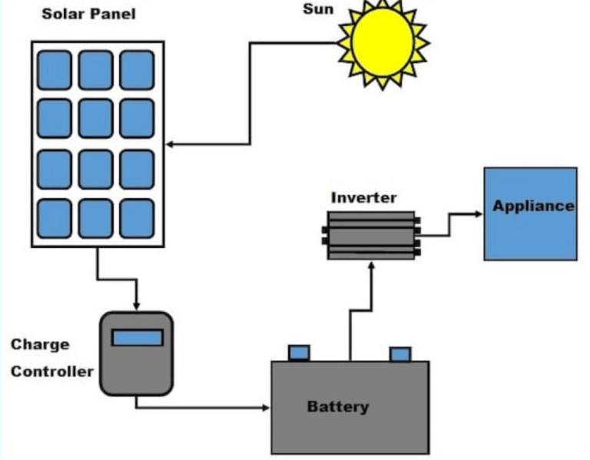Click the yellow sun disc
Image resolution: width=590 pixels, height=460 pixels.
tap(382, 41)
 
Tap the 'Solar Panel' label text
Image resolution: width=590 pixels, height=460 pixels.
tap(88, 15)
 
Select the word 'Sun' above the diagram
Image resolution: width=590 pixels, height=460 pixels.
tap(318, 9)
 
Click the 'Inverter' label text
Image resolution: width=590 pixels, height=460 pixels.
tap(363, 197)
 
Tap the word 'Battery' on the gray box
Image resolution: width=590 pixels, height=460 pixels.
tap(338, 406)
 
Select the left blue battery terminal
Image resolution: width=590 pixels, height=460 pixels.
tap(299, 352)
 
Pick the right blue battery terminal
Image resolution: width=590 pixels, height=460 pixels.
tap(399, 354)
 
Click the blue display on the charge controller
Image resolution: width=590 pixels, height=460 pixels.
tap(138, 337)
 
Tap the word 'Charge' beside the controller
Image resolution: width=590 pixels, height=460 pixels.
tap(39, 345)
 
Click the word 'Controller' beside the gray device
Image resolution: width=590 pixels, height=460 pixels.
tap(51, 372)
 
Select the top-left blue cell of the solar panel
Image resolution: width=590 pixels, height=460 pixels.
tap(55, 70)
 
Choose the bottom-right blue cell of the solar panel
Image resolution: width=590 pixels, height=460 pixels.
tap(137, 218)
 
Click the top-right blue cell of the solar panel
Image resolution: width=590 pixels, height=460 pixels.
tap(137, 70)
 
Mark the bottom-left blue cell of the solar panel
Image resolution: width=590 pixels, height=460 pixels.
tap(55, 218)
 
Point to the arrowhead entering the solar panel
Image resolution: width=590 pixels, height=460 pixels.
tap(171, 144)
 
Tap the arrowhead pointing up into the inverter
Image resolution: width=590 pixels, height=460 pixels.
tap(372, 265)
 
